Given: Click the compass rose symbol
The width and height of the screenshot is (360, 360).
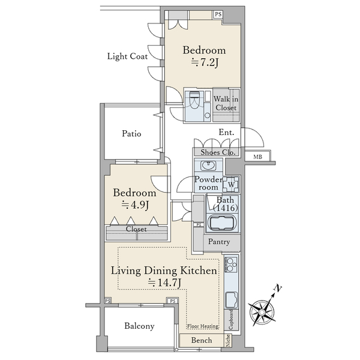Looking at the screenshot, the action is click(x=262, y=313).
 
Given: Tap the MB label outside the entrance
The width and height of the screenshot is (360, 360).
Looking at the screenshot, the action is click(x=257, y=157).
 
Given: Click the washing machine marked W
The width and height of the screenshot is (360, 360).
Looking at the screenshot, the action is click(x=232, y=184).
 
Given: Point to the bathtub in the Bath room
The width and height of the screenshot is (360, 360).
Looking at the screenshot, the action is click(x=222, y=222).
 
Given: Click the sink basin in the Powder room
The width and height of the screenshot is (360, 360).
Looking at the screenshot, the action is click(x=208, y=166).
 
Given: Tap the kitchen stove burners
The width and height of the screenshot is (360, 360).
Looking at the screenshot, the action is click(x=231, y=264).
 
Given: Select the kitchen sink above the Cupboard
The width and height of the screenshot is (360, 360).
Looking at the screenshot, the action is click(x=232, y=300).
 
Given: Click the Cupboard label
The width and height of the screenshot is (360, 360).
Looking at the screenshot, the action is click(x=231, y=320).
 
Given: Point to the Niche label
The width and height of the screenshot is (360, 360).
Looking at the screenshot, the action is click(x=228, y=340).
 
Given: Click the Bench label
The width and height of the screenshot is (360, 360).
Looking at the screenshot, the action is click(x=202, y=340).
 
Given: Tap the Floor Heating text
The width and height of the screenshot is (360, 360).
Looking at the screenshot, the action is click(x=203, y=326).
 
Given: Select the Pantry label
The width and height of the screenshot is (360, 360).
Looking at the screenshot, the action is click(x=219, y=242).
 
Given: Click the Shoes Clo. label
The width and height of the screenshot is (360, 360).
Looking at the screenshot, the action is click(x=218, y=152).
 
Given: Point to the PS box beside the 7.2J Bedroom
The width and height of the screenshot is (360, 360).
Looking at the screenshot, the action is click(x=218, y=14).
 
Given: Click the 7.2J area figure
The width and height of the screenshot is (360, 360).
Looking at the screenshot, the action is click(x=205, y=62).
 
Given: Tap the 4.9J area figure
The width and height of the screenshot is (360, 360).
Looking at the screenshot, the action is click(x=135, y=205).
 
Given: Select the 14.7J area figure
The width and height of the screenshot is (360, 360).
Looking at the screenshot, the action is click(x=164, y=283).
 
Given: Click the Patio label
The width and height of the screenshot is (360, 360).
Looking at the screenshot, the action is click(x=131, y=133).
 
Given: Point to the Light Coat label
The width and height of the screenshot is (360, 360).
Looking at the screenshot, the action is click(x=127, y=56).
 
